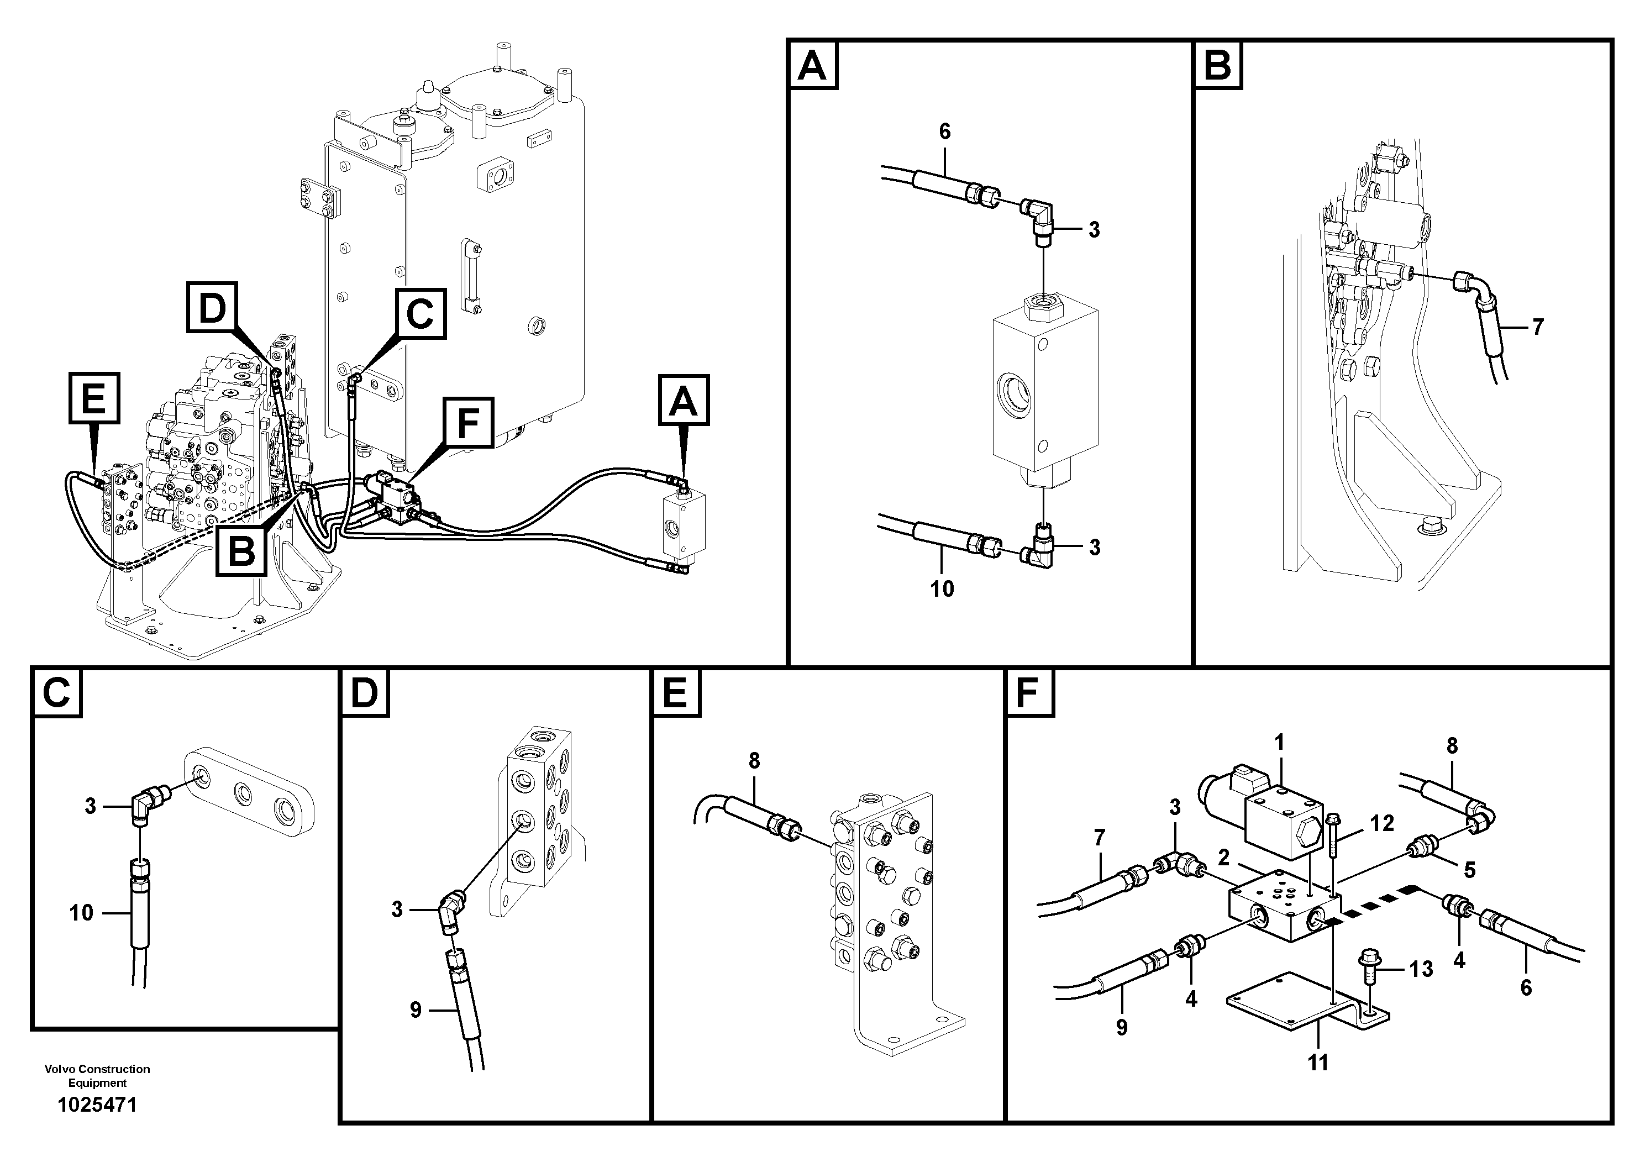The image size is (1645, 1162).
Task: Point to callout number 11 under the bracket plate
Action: click(x=1318, y=1063)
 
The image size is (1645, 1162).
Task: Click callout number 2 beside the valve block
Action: click(x=1223, y=857)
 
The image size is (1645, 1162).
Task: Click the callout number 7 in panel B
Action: click(x=1538, y=328)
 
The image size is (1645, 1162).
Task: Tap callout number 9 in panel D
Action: click(x=416, y=1010)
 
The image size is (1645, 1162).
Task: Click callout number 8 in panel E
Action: click(x=754, y=760)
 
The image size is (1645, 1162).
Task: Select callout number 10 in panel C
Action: click(x=82, y=913)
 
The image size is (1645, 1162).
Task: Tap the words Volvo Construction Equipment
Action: click(x=97, y=1075)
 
